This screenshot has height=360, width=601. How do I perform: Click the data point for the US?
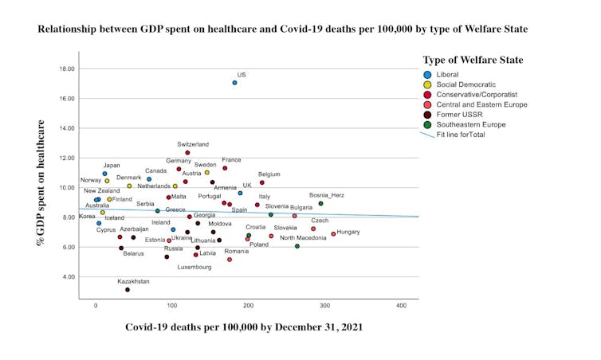coord(234,83)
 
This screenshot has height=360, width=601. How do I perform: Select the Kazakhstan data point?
coord(128,290)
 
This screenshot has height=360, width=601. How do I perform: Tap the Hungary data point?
coord(333,234)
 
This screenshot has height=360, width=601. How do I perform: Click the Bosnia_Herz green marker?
coord(320,204)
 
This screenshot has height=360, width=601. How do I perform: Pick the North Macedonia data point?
coord(297,246)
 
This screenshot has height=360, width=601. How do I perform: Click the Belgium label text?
coord(269,174)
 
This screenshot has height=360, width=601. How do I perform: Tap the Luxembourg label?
coord(194,267)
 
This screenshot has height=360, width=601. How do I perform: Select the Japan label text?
coord(112,166)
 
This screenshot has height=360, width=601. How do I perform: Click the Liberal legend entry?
coord(454,74)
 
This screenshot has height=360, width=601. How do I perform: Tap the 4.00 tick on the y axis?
coord(70,276)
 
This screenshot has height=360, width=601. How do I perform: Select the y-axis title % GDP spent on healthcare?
coord(39,182)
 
